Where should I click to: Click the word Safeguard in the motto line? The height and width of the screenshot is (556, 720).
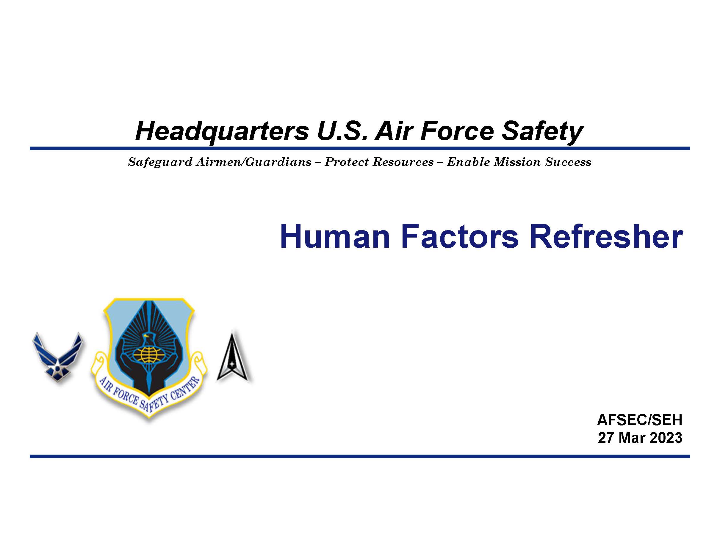tap(160, 162)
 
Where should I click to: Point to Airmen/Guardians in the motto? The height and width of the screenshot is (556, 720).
tap(253, 162)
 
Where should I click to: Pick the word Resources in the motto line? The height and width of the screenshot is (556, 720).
tap(403, 162)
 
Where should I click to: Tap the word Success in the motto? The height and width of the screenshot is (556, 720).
tap(568, 162)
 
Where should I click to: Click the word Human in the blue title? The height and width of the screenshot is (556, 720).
tap(335, 236)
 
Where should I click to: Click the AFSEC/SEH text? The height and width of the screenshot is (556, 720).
tap(640, 420)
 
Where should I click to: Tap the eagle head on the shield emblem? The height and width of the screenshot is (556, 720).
tap(148, 338)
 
